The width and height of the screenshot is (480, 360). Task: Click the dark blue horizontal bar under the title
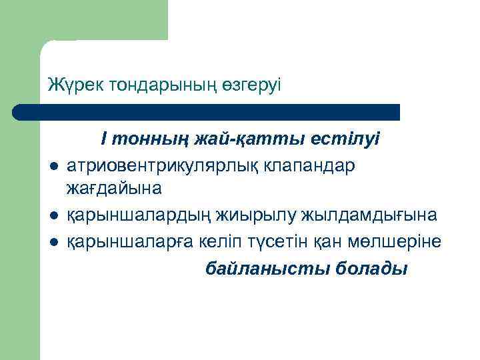click(207, 111)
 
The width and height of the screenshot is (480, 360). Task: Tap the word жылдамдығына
click(369, 215)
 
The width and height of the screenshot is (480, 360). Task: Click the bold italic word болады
click(374, 269)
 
